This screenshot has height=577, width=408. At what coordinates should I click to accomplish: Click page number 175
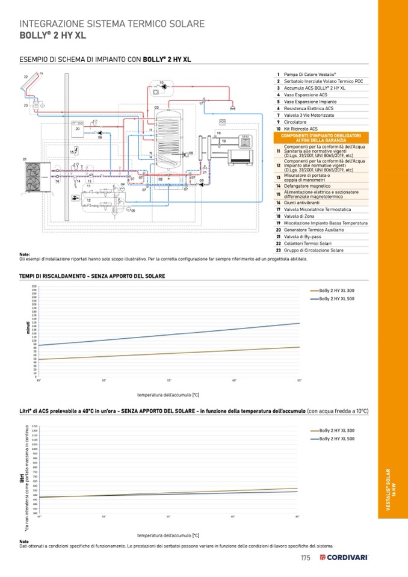(305, 558)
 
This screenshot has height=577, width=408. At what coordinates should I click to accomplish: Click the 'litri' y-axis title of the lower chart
(21, 478)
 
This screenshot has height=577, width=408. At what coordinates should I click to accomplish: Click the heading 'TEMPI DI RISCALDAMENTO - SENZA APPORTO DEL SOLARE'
(92, 276)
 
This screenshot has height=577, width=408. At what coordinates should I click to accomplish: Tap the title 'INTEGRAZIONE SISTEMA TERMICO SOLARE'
(112, 24)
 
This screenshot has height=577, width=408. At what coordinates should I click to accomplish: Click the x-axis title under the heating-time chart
(168, 395)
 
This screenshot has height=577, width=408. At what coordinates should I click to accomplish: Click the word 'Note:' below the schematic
(25, 255)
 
